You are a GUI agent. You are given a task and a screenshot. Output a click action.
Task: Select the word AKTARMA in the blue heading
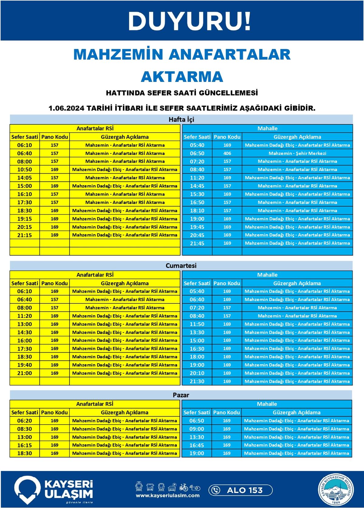[x=182, y=76]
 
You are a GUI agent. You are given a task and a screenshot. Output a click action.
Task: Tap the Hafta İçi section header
[x=181, y=119]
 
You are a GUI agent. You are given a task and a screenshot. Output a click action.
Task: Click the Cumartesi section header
[x=181, y=266]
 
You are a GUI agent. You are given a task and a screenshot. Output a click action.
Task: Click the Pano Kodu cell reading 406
[x=227, y=153]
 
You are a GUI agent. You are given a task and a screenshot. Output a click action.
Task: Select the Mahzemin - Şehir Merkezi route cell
[x=297, y=153]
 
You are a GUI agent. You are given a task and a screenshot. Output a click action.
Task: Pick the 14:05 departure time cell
[x=25, y=178]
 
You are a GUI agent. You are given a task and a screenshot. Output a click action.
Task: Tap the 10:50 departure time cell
[x=25, y=170]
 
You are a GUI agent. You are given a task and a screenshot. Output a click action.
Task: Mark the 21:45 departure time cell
[x=197, y=243]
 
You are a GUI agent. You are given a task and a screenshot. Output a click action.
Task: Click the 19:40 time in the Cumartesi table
[x=25, y=365]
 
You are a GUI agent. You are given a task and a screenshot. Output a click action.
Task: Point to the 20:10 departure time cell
[x=197, y=373]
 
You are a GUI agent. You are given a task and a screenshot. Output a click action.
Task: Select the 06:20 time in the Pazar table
[x=25, y=421]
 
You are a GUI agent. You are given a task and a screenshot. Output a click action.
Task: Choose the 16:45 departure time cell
[x=197, y=445]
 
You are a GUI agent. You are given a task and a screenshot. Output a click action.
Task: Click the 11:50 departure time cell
[x=197, y=324]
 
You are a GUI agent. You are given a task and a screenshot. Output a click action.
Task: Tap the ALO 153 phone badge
[x=241, y=490]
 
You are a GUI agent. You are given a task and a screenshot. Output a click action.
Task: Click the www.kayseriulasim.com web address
[x=168, y=496]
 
